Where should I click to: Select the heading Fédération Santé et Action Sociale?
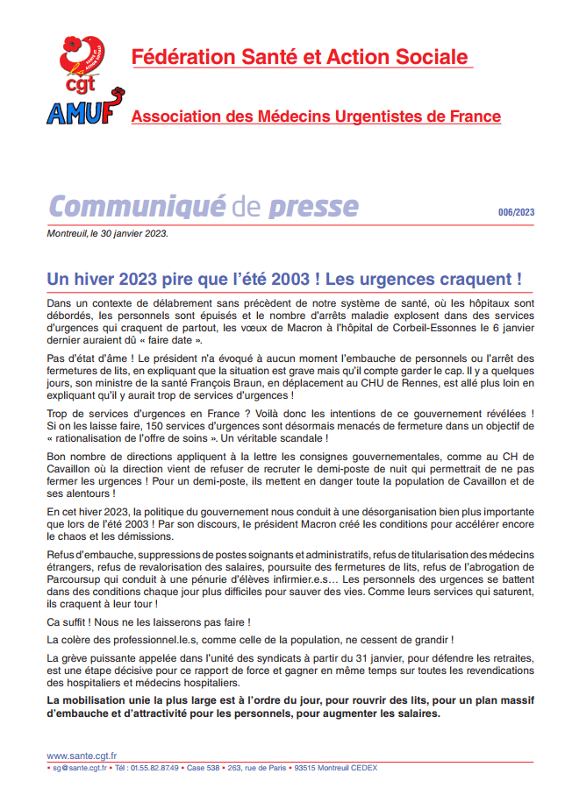[x=300, y=58]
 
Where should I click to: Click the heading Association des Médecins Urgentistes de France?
[x=316, y=117]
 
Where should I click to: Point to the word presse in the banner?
[x=313, y=206]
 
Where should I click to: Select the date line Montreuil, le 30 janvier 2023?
[x=107, y=234]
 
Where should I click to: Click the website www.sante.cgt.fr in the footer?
[x=82, y=756]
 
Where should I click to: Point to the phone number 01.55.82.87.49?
[x=157, y=768]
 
